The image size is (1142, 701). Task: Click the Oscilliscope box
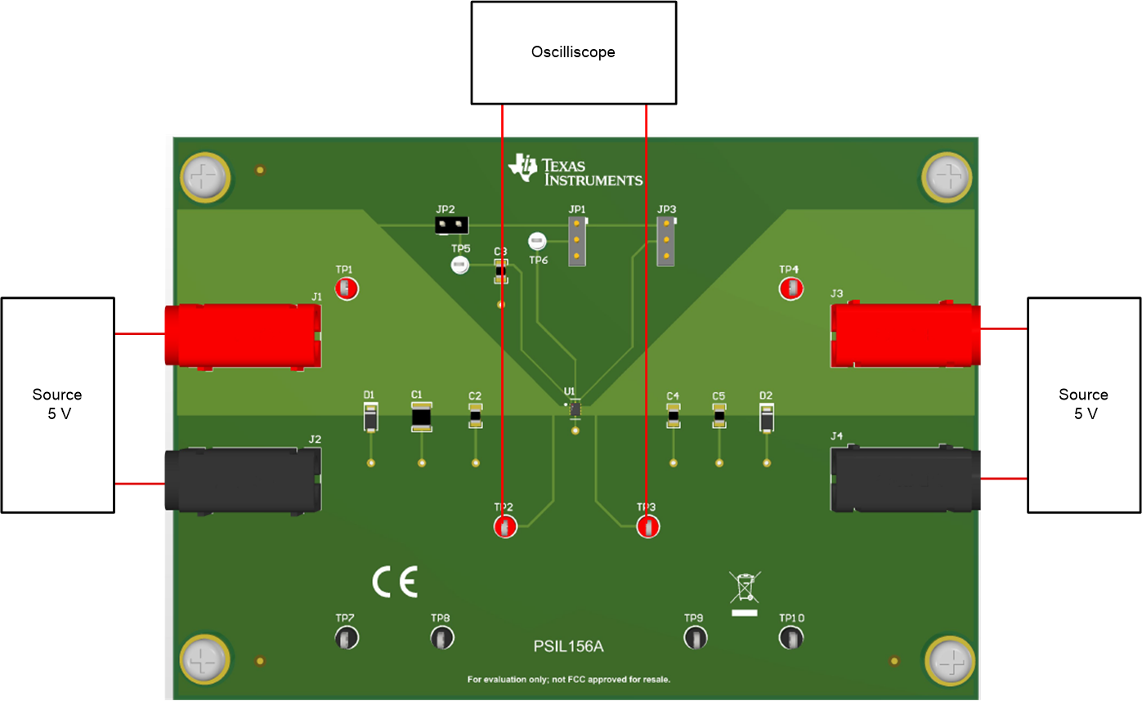(x=573, y=52)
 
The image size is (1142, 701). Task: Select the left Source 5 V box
(x=57, y=404)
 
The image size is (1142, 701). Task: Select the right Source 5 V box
(x=1083, y=404)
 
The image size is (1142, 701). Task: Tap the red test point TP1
(x=347, y=288)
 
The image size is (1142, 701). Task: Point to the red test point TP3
(x=647, y=527)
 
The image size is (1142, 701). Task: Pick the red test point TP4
(x=790, y=288)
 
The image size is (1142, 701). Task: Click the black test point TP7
(x=346, y=638)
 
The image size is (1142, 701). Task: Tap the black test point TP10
(x=790, y=638)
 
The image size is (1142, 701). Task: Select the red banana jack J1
(x=243, y=335)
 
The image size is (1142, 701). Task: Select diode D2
(x=767, y=418)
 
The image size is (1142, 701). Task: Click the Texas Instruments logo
(x=575, y=169)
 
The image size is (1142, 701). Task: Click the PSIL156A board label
(x=568, y=647)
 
